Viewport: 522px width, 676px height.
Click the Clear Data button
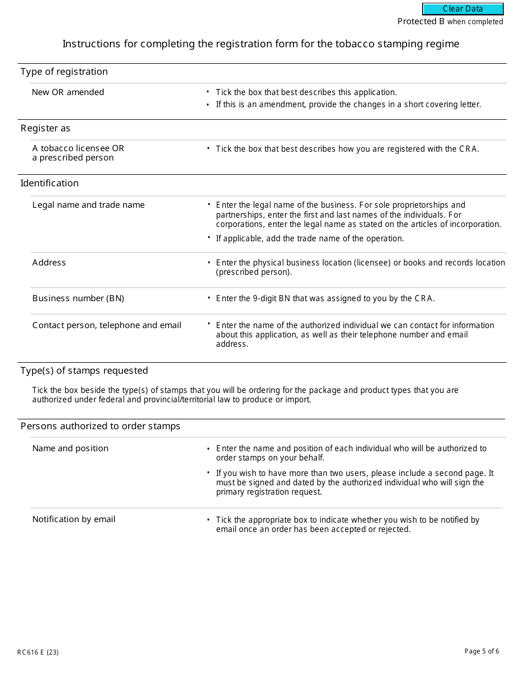coord(463,9)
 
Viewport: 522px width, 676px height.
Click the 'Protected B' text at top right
coord(421,21)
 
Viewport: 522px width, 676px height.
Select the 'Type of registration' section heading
coord(64,72)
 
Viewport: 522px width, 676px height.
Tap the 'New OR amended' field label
coord(68,92)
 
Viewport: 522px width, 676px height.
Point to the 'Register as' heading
coord(46,129)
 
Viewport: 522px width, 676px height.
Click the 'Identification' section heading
coord(49,184)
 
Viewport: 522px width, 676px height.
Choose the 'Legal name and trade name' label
coord(88,205)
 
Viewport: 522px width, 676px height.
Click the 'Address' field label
coord(49,263)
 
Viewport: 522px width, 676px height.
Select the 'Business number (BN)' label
coord(78,298)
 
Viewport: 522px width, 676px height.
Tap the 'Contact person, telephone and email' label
coord(107,325)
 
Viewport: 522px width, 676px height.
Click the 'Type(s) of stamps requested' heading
coord(84,370)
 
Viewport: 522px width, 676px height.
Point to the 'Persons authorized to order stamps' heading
coord(100,426)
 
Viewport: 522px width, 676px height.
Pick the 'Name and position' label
coord(70,448)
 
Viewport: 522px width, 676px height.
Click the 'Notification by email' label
coord(74,519)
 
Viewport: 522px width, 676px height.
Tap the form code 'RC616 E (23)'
coord(38,652)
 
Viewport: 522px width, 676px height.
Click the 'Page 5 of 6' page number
coord(482,651)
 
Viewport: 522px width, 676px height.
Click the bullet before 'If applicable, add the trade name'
coord(209,238)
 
